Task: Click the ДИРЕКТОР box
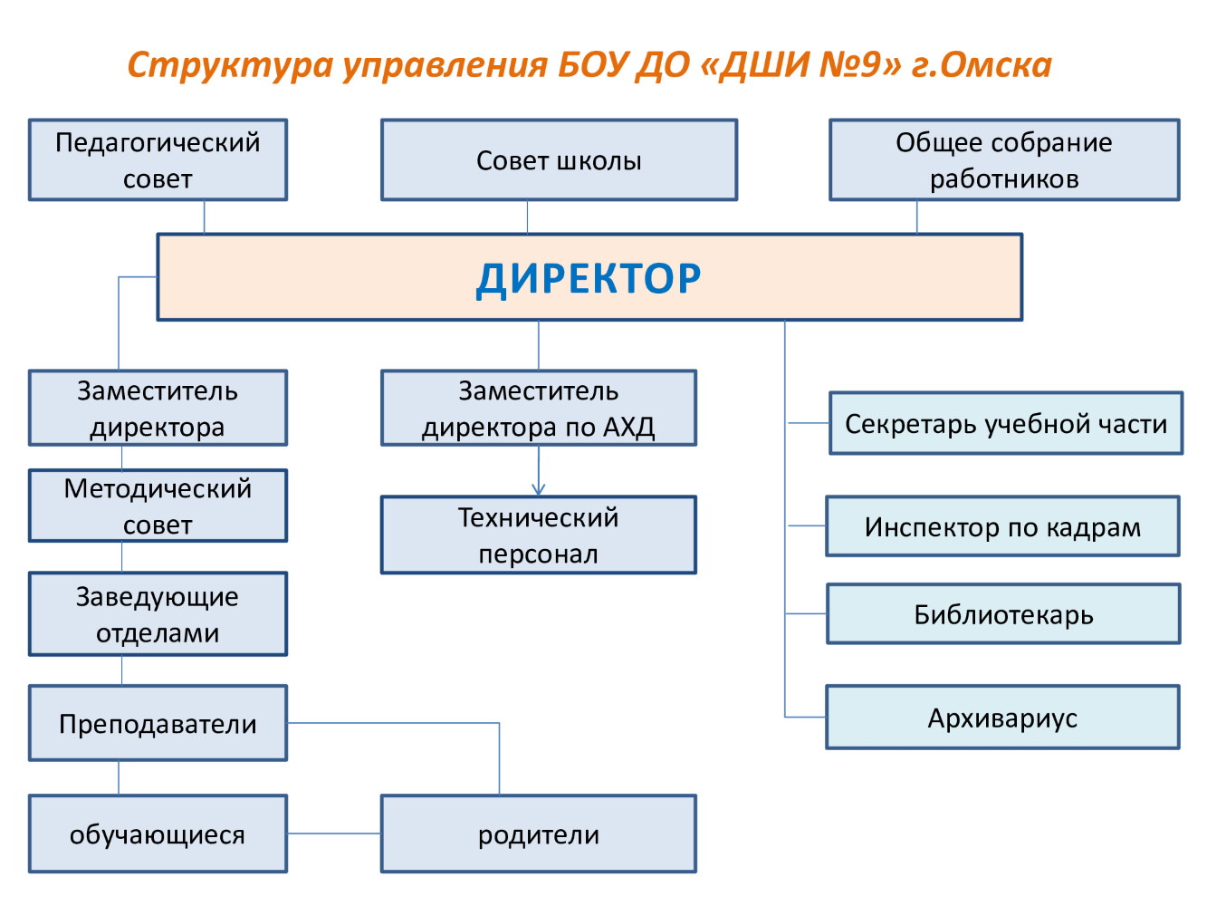tap(589, 276)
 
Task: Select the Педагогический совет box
tap(158, 159)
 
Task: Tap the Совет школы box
tap(559, 159)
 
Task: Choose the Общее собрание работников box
tap(1004, 159)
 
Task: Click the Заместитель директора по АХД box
tap(539, 408)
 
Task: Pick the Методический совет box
tap(158, 506)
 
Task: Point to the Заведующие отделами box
tap(158, 614)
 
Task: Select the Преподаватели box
tap(158, 723)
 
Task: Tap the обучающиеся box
tap(158, 833)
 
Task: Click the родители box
tap(539, 833)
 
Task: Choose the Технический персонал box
tap(539, 535)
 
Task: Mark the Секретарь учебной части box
tap(1006, 423)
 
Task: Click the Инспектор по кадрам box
tap(1002, 525)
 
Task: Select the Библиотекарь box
tap(1003, 613)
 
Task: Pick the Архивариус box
tap(1002, 717)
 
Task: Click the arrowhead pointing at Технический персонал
tap(539, 489)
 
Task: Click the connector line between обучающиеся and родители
tap(334, 833)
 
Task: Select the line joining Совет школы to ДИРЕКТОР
tap(527, 217)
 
